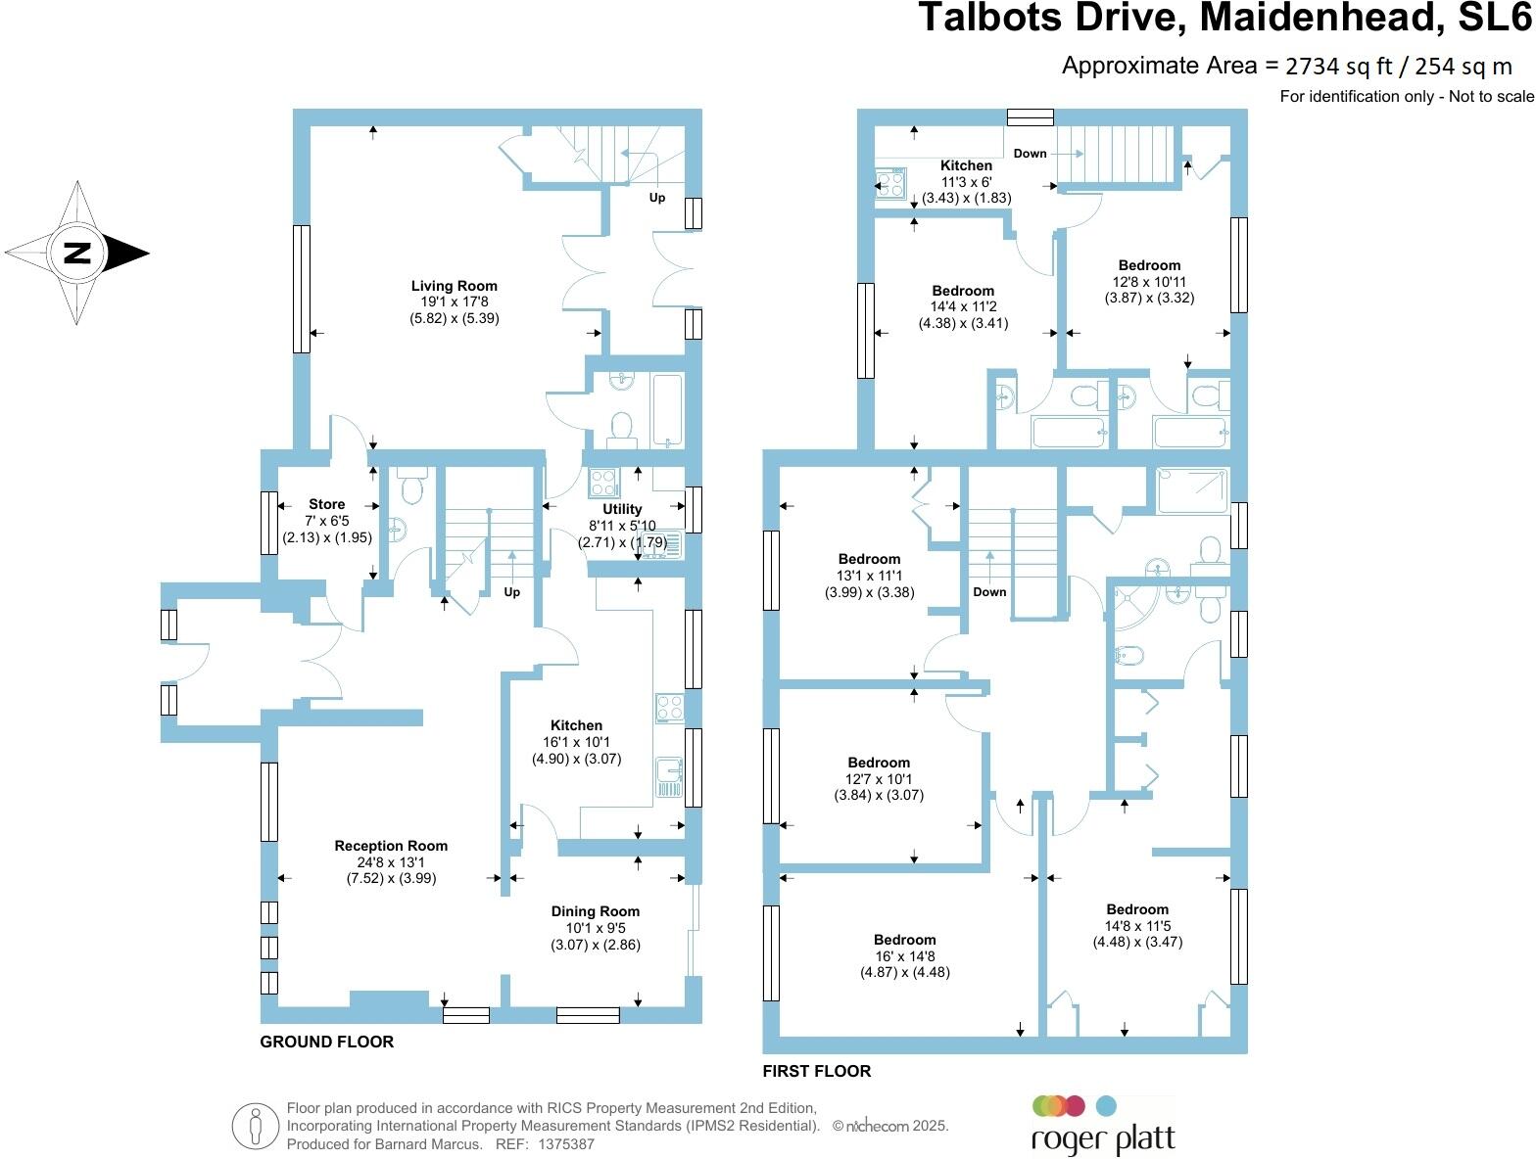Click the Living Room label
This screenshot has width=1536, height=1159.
[x=454, y=286]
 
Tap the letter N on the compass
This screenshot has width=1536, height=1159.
[x=77, y=253]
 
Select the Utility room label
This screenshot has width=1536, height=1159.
[x=622, y=509]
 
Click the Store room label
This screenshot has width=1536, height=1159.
[x=327, y=504]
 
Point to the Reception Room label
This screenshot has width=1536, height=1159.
[x=391, y=846]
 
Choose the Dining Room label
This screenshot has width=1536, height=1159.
[x=595, y=911]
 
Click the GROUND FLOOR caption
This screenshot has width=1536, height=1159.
[x=326, y=1042]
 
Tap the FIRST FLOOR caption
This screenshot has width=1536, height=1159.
[x=816, y=1071]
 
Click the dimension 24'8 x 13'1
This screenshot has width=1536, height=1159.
[x=391, y=862]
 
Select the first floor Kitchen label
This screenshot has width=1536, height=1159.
[x=966, y=165]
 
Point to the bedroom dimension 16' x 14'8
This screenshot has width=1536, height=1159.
[x=904, y=956]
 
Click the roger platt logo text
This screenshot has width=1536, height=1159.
[x=1102, y=1140]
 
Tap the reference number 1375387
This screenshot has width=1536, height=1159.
[x=559, y=1143]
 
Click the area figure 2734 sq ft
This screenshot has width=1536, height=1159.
[x=1337, y=67]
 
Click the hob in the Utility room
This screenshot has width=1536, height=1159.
[x=602, y=484]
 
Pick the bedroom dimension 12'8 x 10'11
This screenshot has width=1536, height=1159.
[x=1149, y=282]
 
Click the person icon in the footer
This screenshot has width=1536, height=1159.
[x=255, y=1127]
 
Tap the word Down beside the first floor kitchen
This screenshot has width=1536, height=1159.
[x=1030, y=154]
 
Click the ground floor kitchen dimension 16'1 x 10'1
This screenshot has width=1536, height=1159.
[x=576, y=742]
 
